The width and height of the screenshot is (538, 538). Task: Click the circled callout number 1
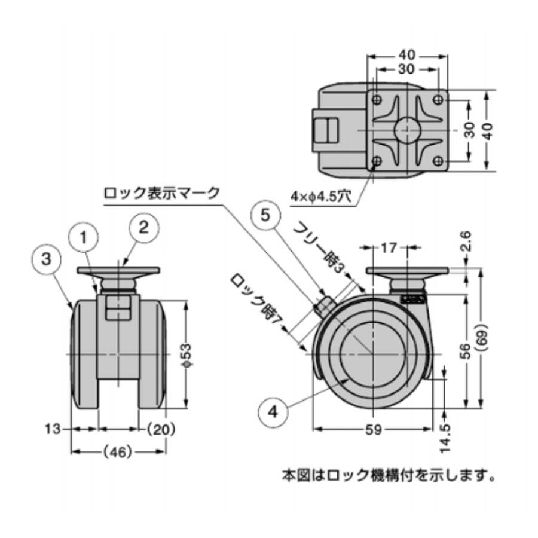coord(85,237)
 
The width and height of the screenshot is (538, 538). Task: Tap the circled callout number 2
coord(133,227)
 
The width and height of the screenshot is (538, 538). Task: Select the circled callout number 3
coord(47,259)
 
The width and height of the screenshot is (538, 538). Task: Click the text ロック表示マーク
coord(161,193)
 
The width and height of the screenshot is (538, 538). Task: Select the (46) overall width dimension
coord(118,453)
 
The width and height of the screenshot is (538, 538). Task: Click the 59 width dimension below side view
coord(372,430)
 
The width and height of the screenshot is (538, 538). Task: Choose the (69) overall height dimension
coord(483,339)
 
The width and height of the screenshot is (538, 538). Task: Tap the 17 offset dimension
coord(388,247)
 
